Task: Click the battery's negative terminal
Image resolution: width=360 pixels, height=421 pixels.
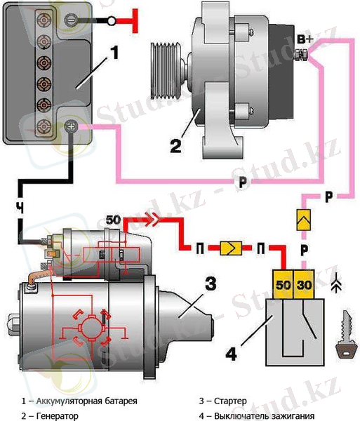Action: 71,20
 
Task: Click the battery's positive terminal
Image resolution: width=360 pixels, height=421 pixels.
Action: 72,126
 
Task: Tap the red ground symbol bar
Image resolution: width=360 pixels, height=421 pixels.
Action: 135,21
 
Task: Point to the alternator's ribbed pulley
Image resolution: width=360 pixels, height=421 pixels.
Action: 165,71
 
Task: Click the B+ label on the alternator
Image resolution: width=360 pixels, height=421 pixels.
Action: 305,39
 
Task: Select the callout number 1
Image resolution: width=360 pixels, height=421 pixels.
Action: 114,53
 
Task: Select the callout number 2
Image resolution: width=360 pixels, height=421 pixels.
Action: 176,146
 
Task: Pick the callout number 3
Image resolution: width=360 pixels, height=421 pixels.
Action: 211,283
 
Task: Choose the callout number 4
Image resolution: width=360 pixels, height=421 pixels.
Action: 231,354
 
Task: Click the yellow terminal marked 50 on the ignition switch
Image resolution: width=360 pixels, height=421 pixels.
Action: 284,284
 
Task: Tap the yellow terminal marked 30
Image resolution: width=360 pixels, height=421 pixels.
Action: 304,284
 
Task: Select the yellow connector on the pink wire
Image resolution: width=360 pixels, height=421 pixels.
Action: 303,220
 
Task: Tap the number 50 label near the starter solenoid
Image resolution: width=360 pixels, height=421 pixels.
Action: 113,220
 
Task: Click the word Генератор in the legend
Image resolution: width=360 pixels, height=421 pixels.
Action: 57,416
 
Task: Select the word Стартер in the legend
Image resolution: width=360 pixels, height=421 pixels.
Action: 230,401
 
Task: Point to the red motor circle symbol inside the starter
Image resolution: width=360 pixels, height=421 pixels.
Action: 91,328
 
